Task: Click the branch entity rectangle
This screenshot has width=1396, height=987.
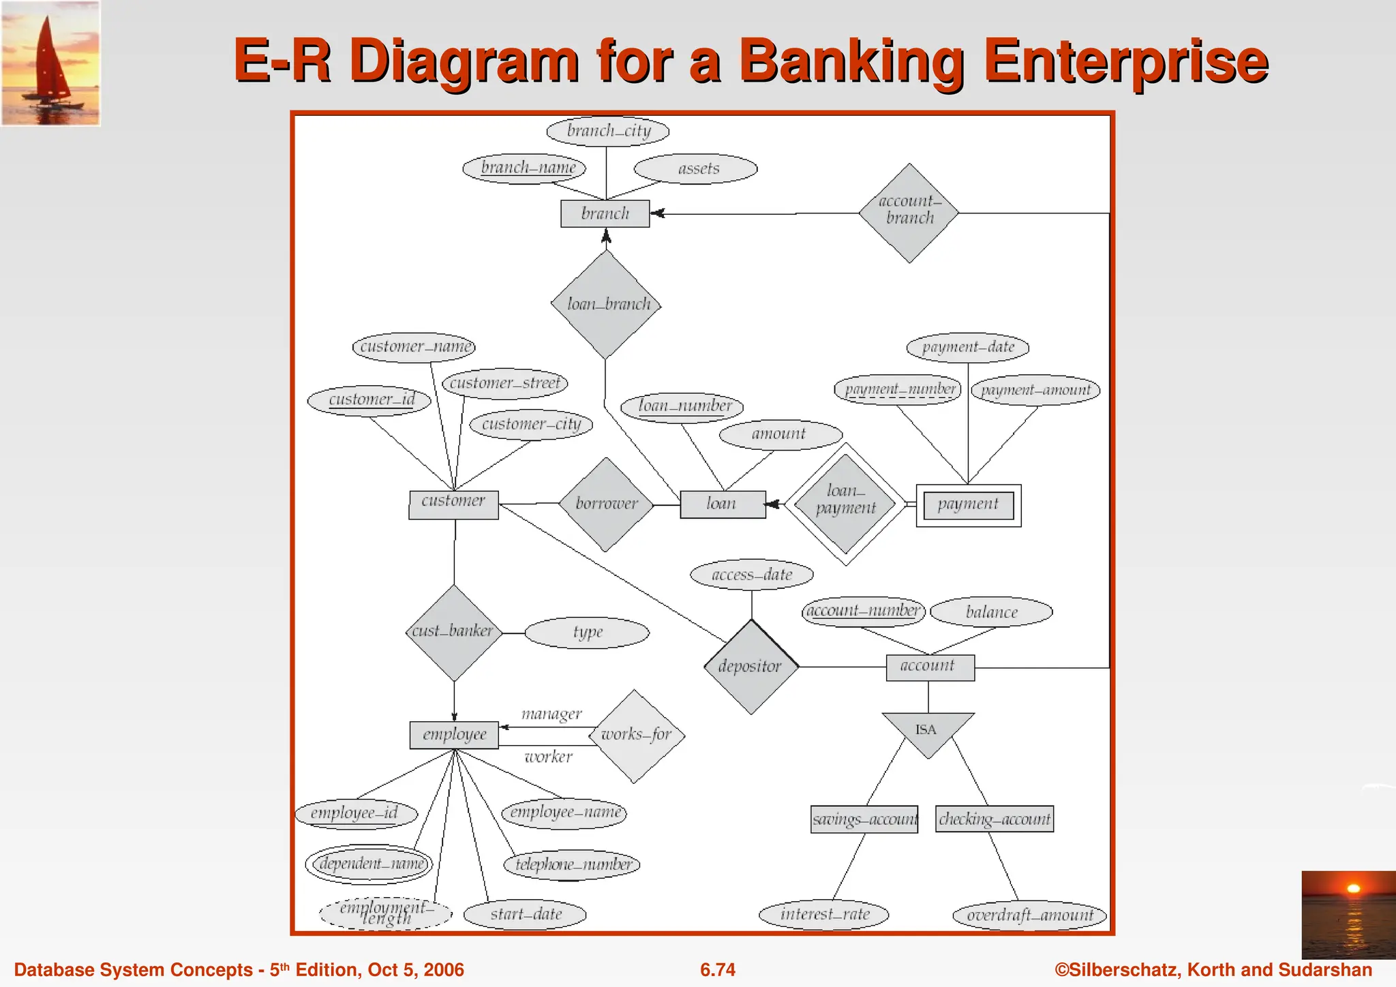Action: [x=605, y=213]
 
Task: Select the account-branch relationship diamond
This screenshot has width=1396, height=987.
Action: [x=909, y=213]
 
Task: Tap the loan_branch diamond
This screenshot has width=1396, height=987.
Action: [x=606, y=304]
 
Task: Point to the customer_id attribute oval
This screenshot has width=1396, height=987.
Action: [x=369, y=399]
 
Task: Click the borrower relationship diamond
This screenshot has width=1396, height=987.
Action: [x=606, y=504]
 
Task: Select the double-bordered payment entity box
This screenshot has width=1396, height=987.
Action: [x=968, y=505]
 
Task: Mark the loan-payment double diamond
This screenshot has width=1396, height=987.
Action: [x=845, y=504]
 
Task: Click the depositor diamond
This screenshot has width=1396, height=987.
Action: [x=751, y=667]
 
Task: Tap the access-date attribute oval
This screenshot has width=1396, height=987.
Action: [x=752, y=575]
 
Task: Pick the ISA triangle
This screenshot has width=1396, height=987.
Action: [x=927, y=731]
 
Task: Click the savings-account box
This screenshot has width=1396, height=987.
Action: [x=864, y=819]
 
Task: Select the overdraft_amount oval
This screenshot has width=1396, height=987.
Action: [x=1029, y=915]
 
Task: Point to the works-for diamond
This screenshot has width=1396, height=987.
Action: [x=635, y=735]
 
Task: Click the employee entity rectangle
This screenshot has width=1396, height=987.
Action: [x=454, y=735]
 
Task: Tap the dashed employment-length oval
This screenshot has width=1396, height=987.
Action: [x=386, y=913]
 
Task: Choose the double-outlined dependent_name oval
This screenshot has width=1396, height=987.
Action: [x=369, y=864]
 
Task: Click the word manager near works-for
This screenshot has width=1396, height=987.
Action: [x=551, y=714]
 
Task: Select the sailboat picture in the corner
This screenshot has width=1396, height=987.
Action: [x=51, y=63]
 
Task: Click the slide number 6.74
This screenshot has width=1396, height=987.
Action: [x=718, y=969]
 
